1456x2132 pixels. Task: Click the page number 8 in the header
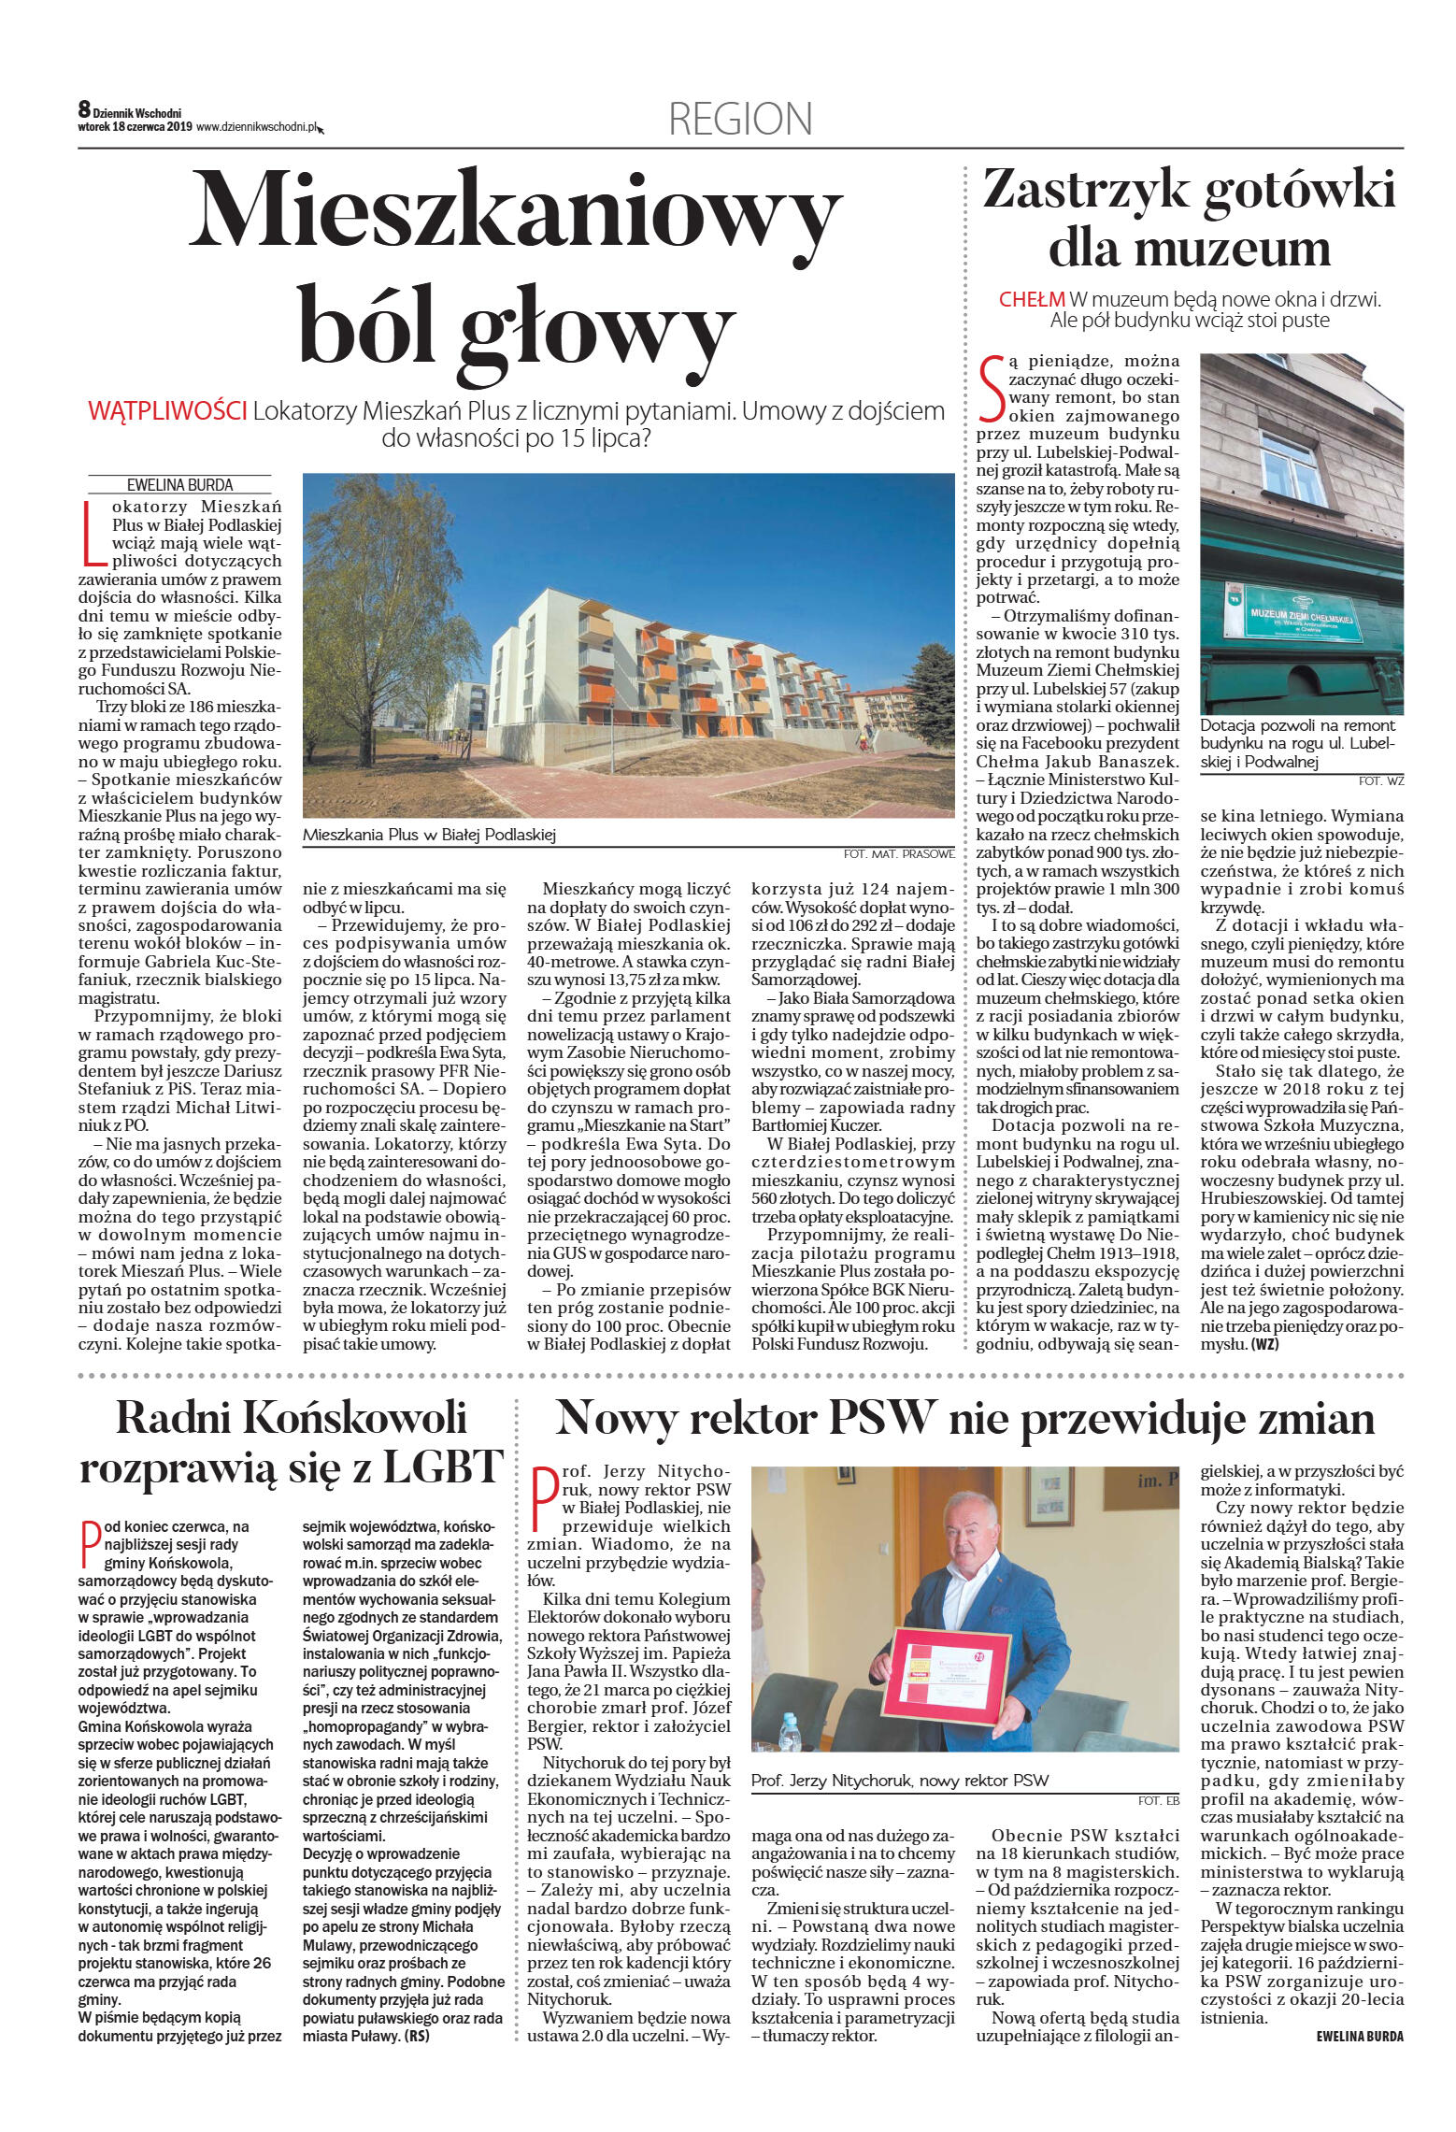[84, 110]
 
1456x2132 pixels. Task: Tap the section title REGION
[740, 119]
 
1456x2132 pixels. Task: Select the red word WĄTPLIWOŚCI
[167, 411]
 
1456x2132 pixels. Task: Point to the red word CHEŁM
[1032, 300]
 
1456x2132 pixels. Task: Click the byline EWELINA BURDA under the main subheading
[179, 485]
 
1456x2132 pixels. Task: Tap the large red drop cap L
[93, 535]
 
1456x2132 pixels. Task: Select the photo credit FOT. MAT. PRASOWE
[898, 853]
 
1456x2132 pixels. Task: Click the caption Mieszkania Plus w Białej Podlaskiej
[429, 835]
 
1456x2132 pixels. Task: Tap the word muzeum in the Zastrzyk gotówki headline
[1189, 250]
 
